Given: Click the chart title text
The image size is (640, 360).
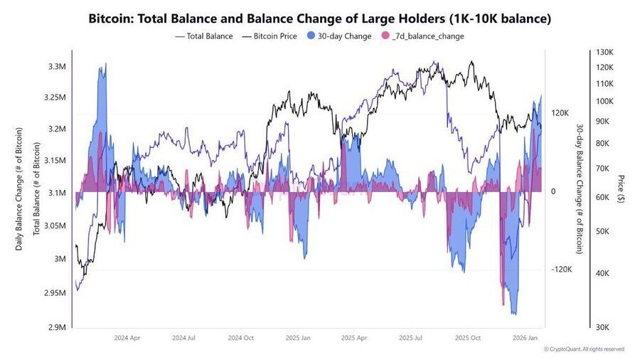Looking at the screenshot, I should [x=319, y=18].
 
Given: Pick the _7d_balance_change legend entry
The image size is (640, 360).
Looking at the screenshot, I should [x=422, y=36].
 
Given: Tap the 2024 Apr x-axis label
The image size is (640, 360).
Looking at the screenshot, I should [x=127, y=339].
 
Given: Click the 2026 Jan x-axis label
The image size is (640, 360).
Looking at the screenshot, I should [x=525, y=339].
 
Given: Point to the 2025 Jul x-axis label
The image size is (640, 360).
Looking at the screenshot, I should [x=412, y=339].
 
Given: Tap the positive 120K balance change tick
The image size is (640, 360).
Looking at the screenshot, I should [x=561, y=113].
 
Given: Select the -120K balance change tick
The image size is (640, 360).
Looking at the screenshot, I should [x=562, y=270].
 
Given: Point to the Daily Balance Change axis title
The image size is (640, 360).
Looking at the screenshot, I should [x=19, y=189].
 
